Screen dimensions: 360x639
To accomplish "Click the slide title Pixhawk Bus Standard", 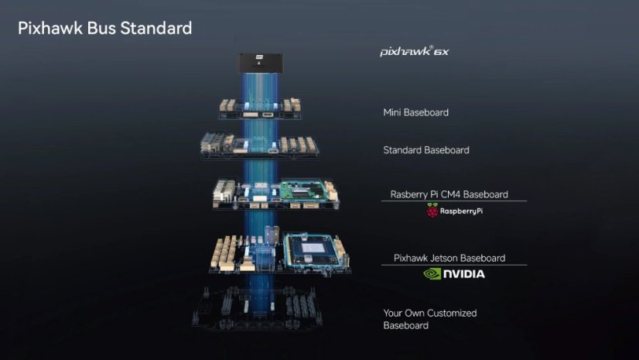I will pyautogui.click(x=105, y=29).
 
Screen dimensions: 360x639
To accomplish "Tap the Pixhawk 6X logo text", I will pyautogui.click(x=414, y=52).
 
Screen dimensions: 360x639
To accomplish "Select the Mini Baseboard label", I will pyautogui.click(x=415, y=112).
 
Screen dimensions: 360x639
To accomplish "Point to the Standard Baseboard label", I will pyautogui.click(x=425, y=149).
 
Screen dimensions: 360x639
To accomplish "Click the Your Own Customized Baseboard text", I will pyautogui.click(x=430, y=319).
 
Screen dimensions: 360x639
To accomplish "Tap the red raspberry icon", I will pyautogui.click(x=432, y=211).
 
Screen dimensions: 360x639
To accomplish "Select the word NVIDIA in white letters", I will pyautogui.click(x=464, y=273).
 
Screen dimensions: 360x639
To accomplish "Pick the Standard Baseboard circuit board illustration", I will pyautogui.click(x=258, y=145).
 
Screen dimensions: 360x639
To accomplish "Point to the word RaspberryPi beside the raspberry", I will pyautogui.click(x=462, y=211).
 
